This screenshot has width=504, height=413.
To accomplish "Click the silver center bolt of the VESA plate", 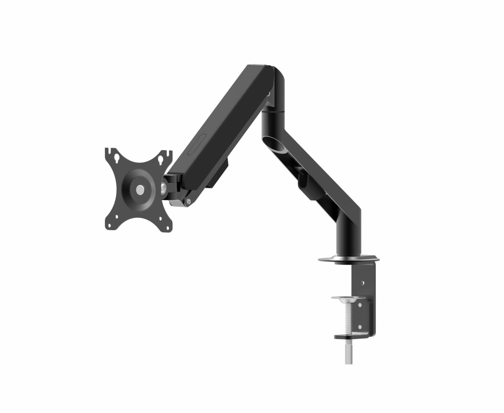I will pyautogui.click(x=140, y=189).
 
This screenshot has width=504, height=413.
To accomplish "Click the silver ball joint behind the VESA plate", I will pyautogui.click(x=163, y=187).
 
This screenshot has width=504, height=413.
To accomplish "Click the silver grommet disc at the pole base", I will pyautogui.click(x=348, y=259).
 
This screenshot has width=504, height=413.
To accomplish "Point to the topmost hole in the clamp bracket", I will pyautogui.click(x=363, y=283).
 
